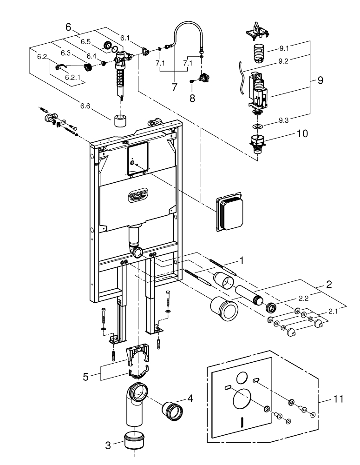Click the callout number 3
[108, 445]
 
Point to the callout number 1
[242, 258]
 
